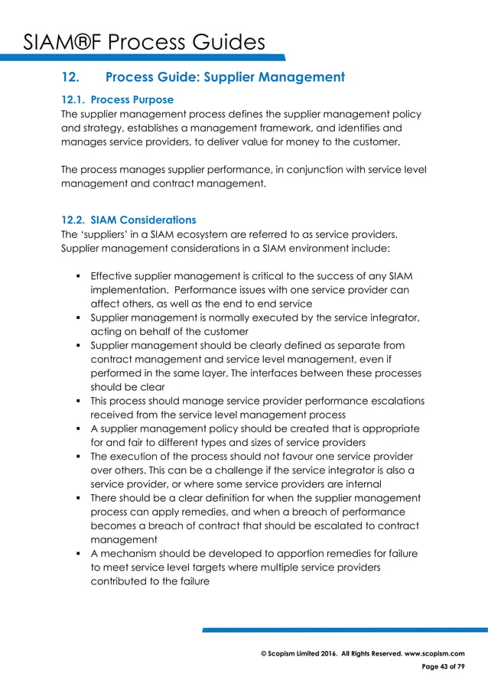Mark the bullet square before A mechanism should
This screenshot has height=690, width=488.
pos(79,554)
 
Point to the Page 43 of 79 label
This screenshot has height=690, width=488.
pos(443,667)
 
